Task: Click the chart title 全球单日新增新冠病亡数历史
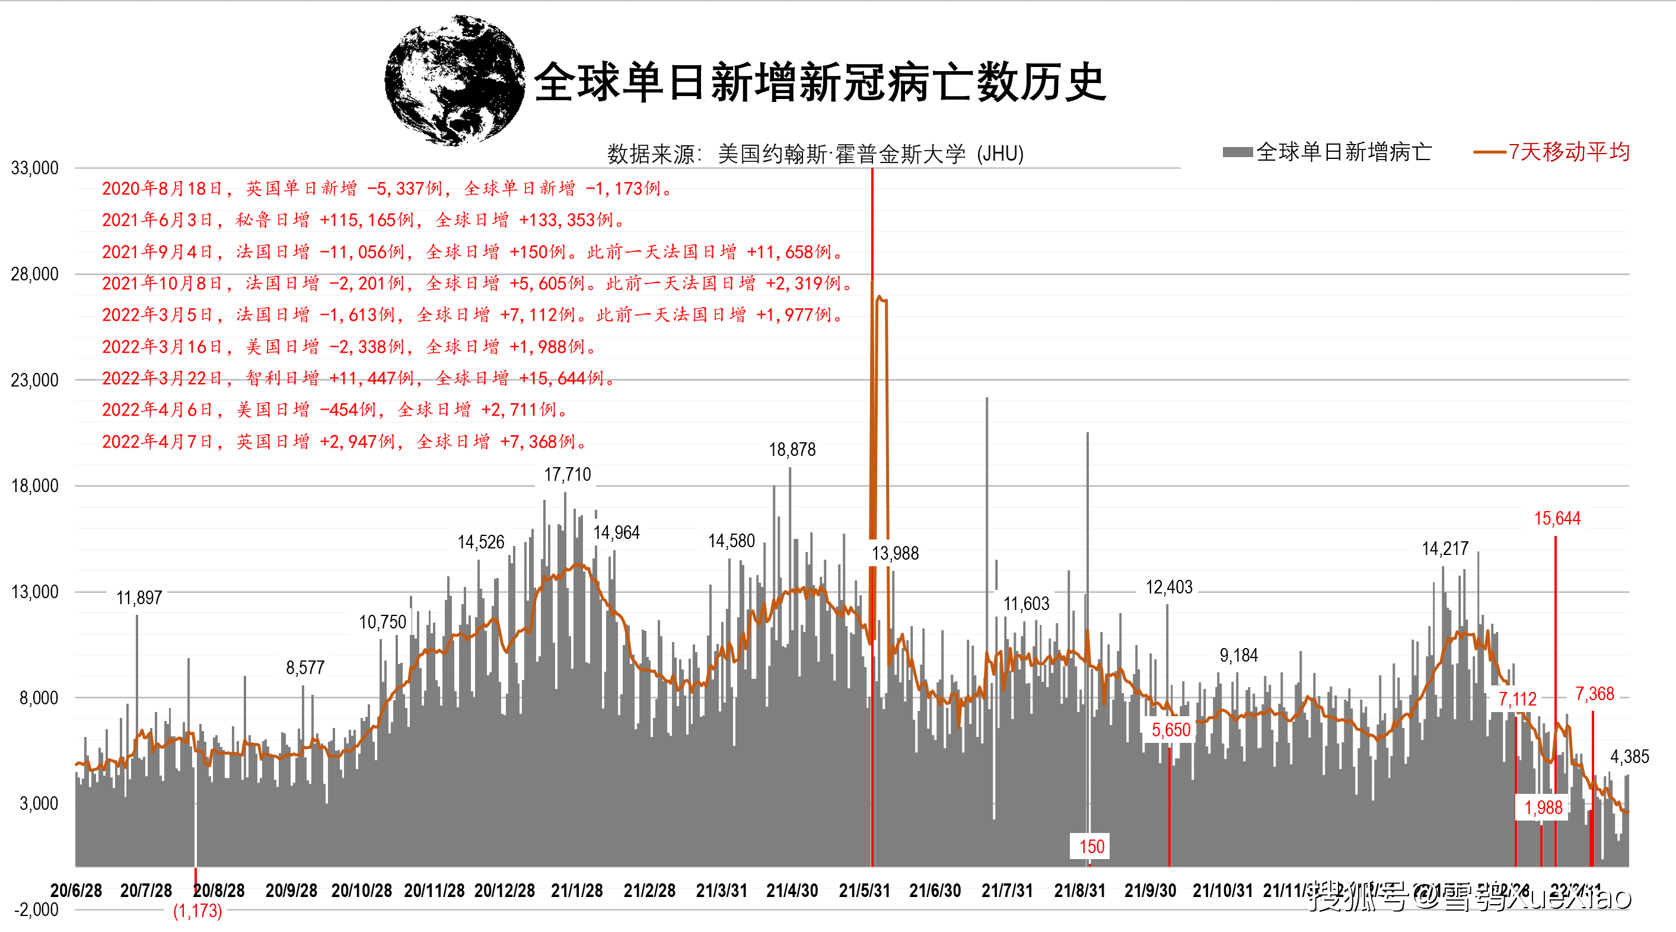820,82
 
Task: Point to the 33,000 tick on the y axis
35,168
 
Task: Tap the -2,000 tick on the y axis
36,909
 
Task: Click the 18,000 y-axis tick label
35,486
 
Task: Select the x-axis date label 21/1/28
576,890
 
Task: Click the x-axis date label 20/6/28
76,890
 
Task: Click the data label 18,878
792,449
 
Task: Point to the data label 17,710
568,475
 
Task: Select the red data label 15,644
1556,518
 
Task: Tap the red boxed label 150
1091,847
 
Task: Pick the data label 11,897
139,598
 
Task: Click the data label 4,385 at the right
1629,757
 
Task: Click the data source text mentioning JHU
815,154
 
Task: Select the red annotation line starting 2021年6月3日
364,220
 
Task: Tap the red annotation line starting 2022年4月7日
345,442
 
